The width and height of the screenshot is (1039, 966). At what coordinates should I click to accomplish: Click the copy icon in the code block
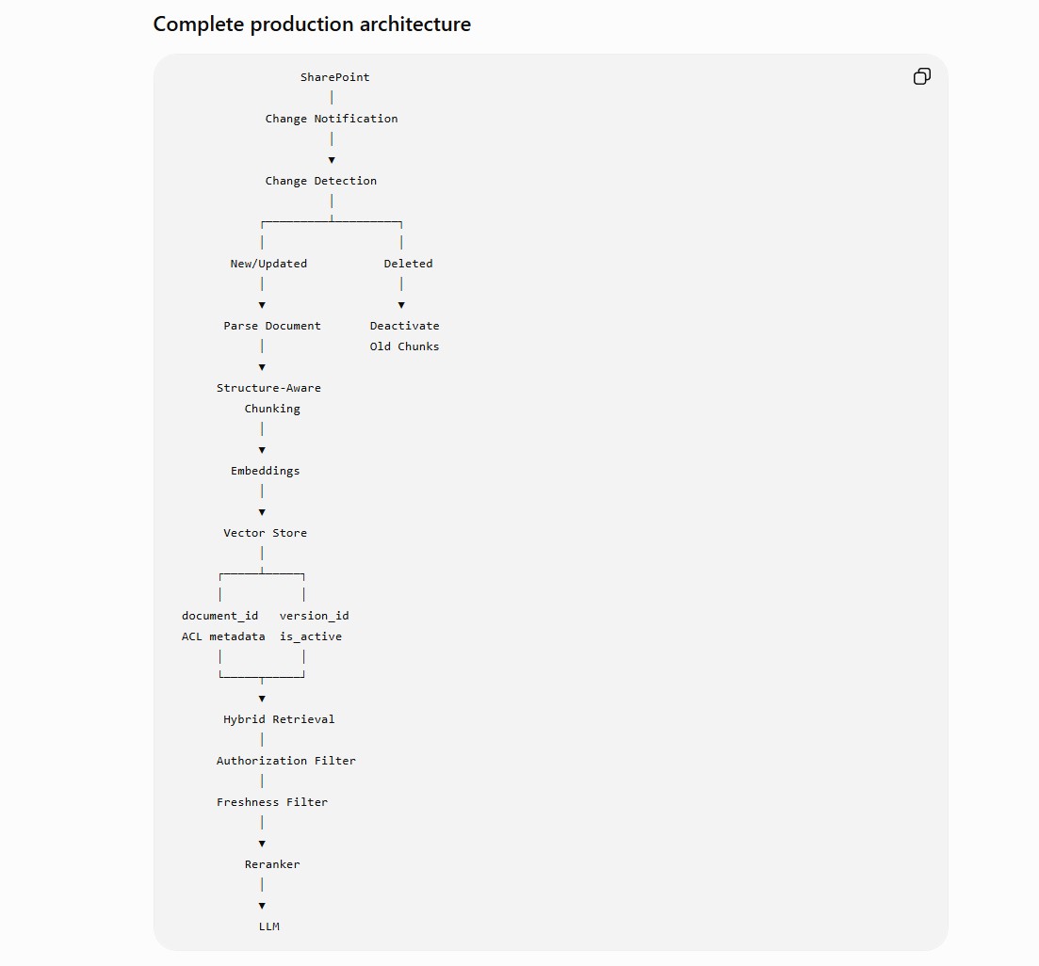(921, 77)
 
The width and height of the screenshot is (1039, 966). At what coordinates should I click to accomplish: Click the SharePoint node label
(334, 77)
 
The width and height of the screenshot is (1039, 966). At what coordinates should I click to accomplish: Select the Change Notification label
(332, 120)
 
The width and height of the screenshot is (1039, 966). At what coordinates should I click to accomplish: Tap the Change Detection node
(320, 182)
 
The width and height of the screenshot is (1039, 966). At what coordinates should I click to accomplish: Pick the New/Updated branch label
(268, 264)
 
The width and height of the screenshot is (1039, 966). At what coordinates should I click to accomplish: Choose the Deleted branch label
(408, 264)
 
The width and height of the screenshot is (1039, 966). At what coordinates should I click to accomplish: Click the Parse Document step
(271, 326)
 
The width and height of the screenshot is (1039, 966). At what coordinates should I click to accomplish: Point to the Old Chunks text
(404, 346)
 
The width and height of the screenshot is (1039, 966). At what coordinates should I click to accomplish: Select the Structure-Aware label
(268, 388)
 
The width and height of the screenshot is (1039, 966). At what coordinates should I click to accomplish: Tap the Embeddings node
(265, 471)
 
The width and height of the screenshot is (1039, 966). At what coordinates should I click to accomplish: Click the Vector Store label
(265, 533)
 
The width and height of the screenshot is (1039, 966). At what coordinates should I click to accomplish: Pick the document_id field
(220, 616)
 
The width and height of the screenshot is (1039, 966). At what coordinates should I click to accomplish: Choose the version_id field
(314, 616)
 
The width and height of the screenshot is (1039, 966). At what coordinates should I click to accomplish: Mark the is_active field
(311, 636)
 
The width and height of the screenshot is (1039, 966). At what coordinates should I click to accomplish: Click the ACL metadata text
(223, 636)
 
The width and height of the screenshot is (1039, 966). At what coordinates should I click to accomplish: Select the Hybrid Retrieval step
(279, 719)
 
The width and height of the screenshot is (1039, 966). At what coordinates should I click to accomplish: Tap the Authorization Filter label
(285, 761)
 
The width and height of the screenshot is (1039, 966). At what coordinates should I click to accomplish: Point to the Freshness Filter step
(271, 802)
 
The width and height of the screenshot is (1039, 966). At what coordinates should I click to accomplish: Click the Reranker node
(271, 864)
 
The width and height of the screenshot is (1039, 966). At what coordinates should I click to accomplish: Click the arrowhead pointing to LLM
(262, 906)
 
